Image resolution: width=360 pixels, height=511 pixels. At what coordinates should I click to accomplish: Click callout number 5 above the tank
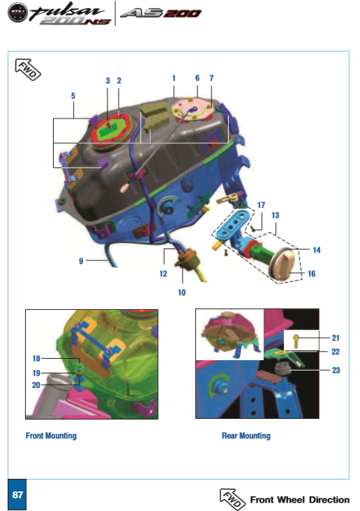(73, 96)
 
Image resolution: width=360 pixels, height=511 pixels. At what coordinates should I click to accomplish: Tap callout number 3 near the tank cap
(108, 81)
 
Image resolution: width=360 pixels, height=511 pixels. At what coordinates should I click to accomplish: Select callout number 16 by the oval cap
(311, 274)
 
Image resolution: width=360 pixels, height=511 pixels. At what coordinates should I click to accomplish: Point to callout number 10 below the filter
(182, 292)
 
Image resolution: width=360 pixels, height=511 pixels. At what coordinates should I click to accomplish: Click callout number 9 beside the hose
(81, 261)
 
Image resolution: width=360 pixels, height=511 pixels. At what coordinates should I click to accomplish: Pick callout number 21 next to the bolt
(336, 338)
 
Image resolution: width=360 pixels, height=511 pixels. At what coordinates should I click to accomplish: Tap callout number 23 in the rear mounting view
(336, 370)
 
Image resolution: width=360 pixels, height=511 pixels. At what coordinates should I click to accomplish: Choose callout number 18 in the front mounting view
(36, 359)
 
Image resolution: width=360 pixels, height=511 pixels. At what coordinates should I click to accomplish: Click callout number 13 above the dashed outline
(276, 216)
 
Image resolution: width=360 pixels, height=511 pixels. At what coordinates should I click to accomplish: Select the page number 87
(17, 495)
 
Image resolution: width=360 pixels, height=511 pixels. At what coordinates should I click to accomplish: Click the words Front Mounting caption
(51, 436)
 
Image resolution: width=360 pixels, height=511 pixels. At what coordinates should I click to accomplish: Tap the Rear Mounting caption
(246, 436)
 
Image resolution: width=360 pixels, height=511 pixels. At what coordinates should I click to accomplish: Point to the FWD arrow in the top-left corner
(28, 69)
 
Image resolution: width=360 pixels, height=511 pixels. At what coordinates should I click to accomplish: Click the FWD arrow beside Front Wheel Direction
(232, 499)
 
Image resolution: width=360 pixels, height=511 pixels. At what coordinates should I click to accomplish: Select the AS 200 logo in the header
(160, 13)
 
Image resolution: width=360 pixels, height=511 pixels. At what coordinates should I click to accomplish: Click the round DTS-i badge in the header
(18, 13)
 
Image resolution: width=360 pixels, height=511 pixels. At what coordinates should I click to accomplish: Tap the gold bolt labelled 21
(296, 341)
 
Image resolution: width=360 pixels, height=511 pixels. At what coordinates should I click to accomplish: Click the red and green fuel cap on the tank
(111, 130)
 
